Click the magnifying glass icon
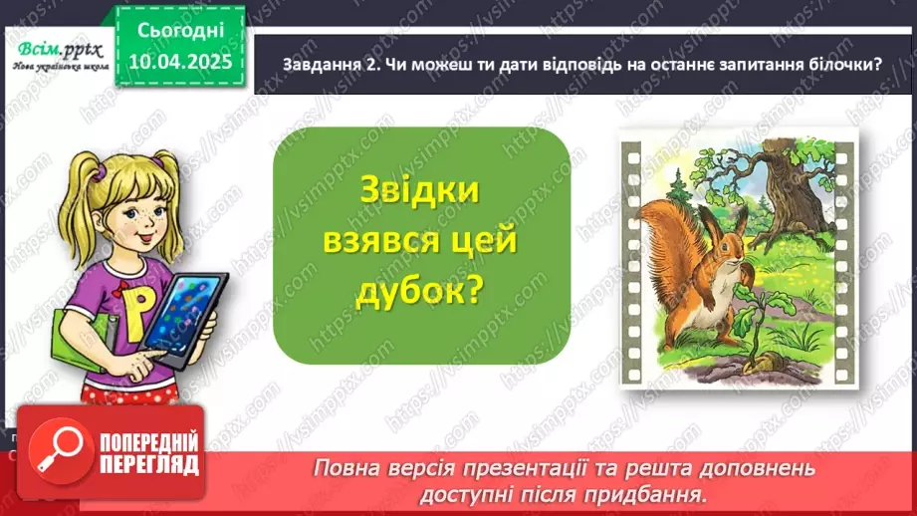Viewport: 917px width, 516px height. click(49, 453)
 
